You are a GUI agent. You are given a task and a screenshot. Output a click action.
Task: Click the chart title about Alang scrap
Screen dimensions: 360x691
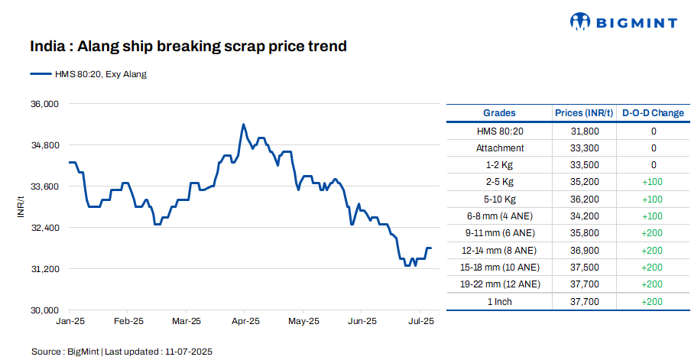188,47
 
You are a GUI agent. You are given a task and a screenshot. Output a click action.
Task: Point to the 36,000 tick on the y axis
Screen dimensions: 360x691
44,104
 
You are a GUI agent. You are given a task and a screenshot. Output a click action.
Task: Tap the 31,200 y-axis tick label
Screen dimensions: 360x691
44,269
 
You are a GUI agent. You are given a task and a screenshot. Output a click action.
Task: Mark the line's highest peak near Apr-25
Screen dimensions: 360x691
243,124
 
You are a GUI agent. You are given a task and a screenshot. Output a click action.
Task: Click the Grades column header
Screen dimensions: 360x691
499,113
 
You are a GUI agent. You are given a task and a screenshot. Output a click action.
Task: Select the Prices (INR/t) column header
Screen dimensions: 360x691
584,113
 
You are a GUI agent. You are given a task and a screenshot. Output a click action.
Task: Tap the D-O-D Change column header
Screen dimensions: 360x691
653,113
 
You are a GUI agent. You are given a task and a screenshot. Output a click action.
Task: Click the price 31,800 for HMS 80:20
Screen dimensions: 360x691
585,131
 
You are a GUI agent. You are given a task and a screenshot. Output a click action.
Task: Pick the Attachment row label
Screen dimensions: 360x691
500,148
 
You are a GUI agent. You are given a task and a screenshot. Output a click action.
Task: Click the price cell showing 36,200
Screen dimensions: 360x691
585,199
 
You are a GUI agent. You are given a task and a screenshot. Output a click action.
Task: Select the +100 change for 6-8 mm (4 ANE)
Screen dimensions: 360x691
653,216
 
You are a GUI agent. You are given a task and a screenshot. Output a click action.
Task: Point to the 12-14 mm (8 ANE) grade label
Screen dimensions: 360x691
500,250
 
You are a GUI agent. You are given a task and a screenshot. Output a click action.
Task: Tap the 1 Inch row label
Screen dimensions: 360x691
500,301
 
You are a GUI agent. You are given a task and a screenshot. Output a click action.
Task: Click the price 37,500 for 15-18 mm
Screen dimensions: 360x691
585,267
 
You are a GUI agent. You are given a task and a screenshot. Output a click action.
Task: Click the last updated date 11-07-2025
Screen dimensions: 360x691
187,351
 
